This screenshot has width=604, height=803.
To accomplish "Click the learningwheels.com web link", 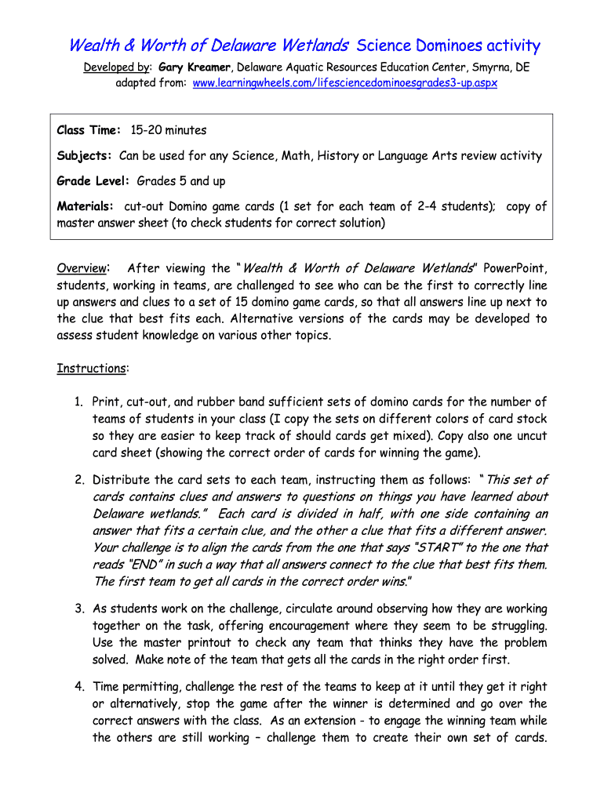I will coord(345,82).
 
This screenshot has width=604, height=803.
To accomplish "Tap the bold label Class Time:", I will coord(89,129).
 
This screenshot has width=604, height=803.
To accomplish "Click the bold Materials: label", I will coord(86,206).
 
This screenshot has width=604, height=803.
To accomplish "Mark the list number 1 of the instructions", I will coord(79,401).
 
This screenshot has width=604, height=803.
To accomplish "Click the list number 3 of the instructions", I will coord(79,609).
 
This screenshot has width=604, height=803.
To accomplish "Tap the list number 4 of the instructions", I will coord(79,687).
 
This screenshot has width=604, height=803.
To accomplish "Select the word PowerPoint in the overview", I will coord(514,268).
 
